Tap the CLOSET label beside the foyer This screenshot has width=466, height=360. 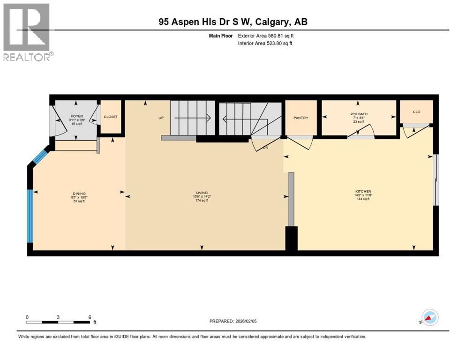click(x=111, y=117)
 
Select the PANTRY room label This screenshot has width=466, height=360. click(x=301, y=118)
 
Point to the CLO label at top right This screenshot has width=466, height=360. click(x=416, y=112)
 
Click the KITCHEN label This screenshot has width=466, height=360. click(x=363, y=191)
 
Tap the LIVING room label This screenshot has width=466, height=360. click(x=202, y=192)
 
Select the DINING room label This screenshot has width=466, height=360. click(x=79, y=193)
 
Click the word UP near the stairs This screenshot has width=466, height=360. click(x=160, y=118)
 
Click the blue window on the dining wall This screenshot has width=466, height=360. click(x=30, y=216)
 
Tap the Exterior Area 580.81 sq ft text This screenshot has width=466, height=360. click(x=266, y=36)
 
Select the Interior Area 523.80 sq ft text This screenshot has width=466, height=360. click(x=265, y=44)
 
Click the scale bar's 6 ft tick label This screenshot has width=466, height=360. click(x=90, y=317)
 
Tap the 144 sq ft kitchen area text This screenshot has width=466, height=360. click(x=363, y=199)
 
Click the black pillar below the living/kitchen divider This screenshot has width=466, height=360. click(x=291, y=239)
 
